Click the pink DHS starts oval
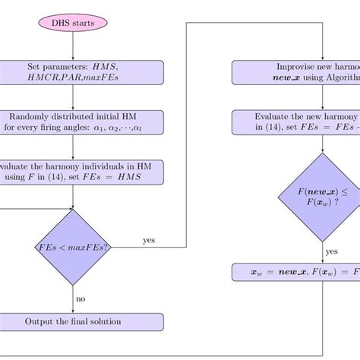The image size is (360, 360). (x=73, y=25)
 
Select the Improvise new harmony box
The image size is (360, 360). (x=296, y=73)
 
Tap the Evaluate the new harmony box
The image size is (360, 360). (x=296, y=122)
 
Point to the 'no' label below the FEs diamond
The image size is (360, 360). (x=80, y=298)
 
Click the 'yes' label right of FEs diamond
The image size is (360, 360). (x=149, y=241)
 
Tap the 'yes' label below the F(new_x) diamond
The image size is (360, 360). (x=331, y=250)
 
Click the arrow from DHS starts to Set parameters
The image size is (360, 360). (x=73, y=48)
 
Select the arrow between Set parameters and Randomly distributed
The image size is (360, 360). (x=73, y=97)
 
